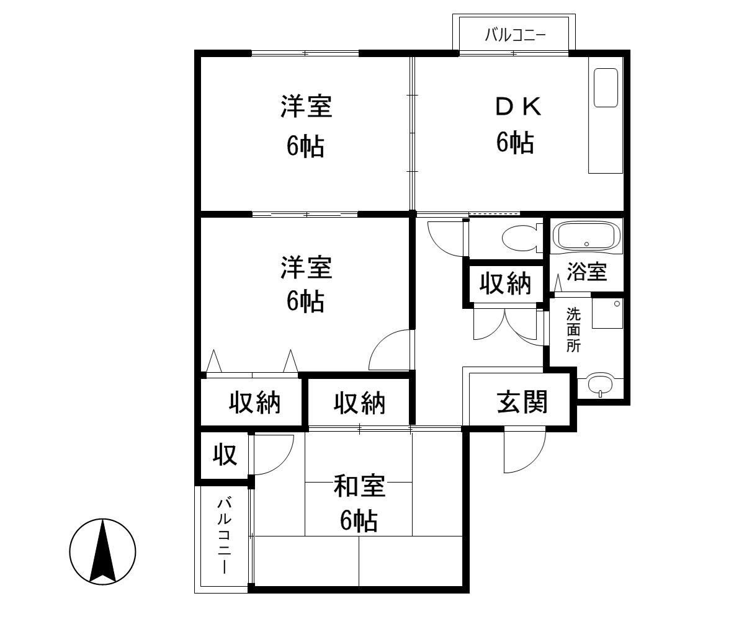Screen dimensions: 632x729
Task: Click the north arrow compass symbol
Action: (x=102, y=551)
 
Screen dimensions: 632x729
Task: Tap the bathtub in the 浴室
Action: (x=586, y=236)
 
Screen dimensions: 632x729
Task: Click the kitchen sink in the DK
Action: (x=606, y=87)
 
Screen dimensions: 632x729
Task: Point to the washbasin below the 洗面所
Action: (x=599, y=385)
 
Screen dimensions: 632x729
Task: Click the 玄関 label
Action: (x=522, y=403)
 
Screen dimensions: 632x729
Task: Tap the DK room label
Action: (x=518, y=107)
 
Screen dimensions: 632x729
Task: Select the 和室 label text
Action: (x=359, y=487)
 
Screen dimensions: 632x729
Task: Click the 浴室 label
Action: (x=586, y=272)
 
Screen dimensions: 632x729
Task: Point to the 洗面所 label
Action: (x=574, y=330)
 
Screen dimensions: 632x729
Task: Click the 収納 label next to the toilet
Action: (x=505, y=284)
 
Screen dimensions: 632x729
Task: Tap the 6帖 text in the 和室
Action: (x=359, y=521)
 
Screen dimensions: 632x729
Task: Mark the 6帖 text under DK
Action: (x=514, y=143)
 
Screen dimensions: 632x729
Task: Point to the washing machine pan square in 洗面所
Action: (x=607, y=313)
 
